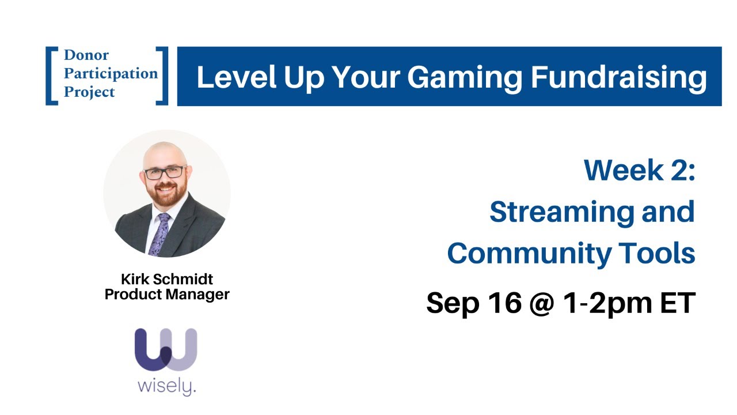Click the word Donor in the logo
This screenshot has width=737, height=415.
pyautogui.click(x=86, y=55)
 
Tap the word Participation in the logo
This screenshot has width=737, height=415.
pyautogui.click(x=111, y=74)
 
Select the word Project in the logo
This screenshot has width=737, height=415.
pyautogui.click(x=89, y=92)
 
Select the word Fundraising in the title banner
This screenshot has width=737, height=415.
pyautogui.click(x=618, y=77)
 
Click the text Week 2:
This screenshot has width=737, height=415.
pyautogui.click(x=640, y=170)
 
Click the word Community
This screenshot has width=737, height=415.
pyautogui.click(x=529, y=253)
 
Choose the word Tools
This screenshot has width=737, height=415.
pyautogui.click(x=657, y=253)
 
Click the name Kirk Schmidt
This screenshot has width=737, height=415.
pyautogui.click(x=167, y=280)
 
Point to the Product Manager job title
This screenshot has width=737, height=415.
pyautogui.click(x=167, y=295)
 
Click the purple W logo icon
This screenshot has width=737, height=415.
pyautogui.click(x=166, y=349)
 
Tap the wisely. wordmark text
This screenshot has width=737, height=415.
pyautogui.click(x=166, y=386)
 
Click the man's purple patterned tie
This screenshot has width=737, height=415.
pyautogui.click(x=160, y=233)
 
